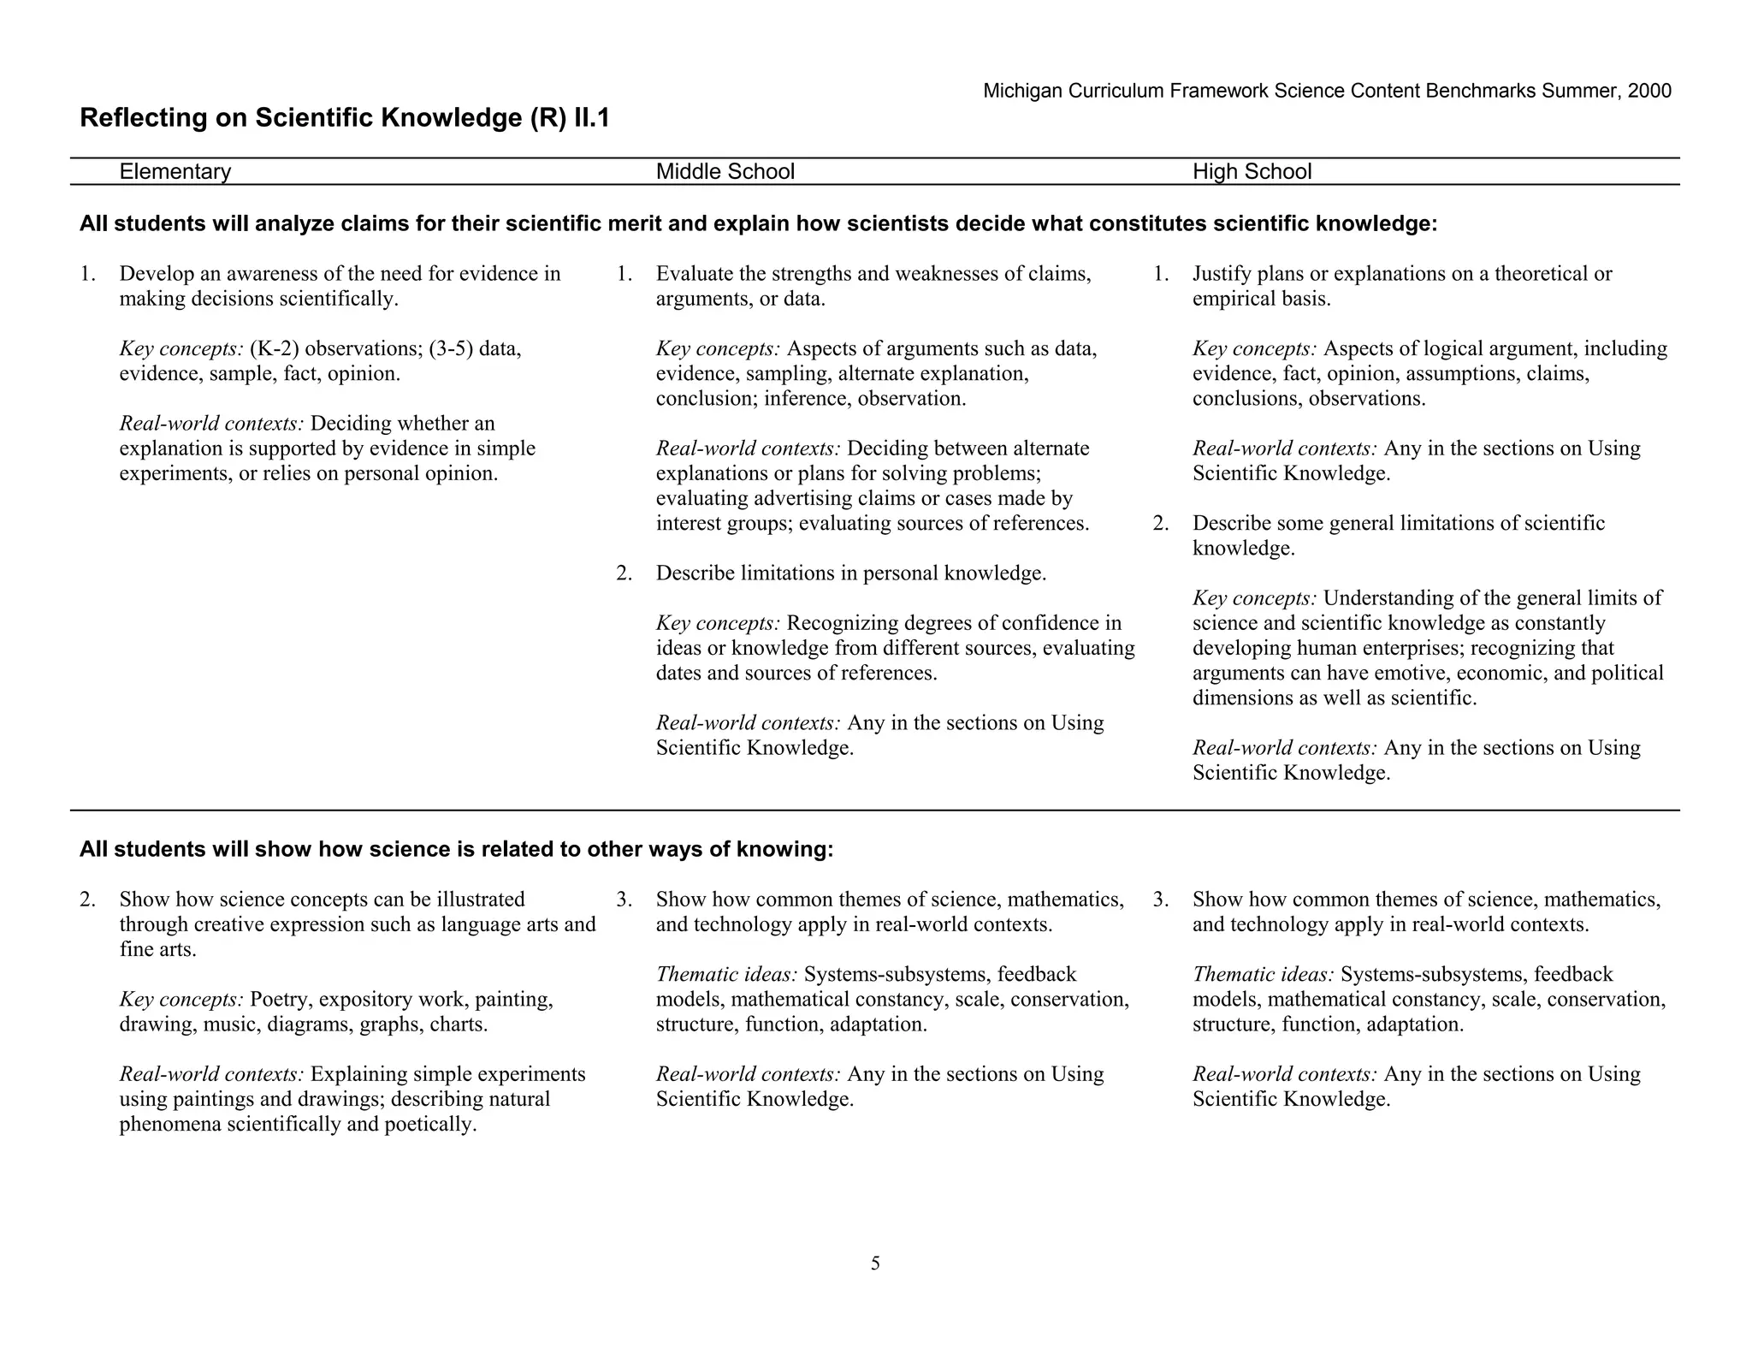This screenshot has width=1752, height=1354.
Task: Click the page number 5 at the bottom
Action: click(x=875, y=1263)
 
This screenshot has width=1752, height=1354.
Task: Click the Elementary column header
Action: click(x=175, y=172)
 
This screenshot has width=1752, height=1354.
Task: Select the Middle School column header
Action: click(x=725, y=172)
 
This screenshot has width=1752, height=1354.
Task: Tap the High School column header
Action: click(x=1251, y=172)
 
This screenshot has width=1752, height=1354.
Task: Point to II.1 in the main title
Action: click(x=587, y=118)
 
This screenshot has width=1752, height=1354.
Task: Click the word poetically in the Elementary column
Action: click(x=430, y=1125)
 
